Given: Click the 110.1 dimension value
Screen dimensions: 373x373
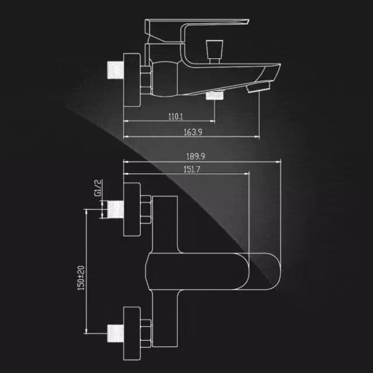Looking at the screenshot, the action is click(x=175, y=117).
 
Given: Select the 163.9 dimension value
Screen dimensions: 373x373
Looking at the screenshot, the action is click(x=193, y=132).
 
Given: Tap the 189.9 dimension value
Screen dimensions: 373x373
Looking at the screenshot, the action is click(x=196, y=157).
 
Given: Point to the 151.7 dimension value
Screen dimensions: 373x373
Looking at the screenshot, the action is click(x=192, y=170).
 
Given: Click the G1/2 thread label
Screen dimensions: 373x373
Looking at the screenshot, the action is click(x=98, y=188).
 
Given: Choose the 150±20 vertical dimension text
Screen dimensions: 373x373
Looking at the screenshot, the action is click(x=81, y=278).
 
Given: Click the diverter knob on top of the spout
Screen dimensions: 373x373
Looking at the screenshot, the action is click(x=214, y=52).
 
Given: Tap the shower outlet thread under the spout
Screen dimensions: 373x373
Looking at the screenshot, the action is click(x=215, y=95).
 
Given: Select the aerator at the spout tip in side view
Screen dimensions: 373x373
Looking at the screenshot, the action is click(x=259, y=87).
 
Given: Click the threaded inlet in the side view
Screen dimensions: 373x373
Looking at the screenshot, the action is click(x=115, y=70).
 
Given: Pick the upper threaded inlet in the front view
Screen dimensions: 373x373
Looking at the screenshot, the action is click(x=115, y=209).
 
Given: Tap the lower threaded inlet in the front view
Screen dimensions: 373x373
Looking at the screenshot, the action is click(x=115, y=333).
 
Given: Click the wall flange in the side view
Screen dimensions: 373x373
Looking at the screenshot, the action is click(x=132, y=80).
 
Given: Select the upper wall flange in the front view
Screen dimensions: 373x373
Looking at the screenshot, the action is click(x=132, y=209).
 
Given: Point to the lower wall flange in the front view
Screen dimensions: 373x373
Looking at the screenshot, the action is click(x=132, y=333).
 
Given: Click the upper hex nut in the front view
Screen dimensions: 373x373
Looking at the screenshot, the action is click(x=146, y=209).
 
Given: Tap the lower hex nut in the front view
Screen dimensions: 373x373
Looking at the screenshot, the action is click(x=146, y=333).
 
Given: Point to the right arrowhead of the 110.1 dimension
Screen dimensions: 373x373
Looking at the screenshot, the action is click(x=212, y=121).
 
